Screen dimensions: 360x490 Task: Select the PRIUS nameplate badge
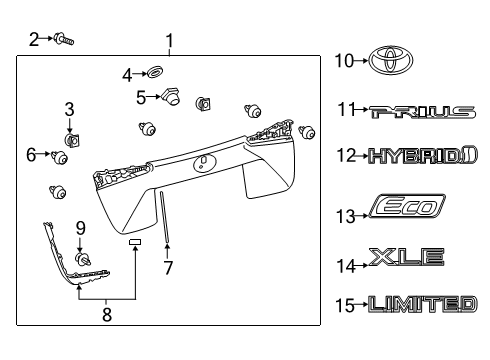pos(421,112)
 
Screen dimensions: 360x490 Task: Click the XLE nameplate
pos(407,257)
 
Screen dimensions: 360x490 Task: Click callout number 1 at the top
pos(169,41)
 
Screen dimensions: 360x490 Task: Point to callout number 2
pos(33,39)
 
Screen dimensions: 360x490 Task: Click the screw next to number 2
pos(66,40)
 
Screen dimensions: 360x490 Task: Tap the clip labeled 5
pos(171,97)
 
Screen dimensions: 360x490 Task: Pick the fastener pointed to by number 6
pos(62,156)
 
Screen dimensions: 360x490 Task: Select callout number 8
pos(108,312)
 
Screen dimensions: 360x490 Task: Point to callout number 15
pos(345,304)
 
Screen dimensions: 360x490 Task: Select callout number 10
pos(344,62)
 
